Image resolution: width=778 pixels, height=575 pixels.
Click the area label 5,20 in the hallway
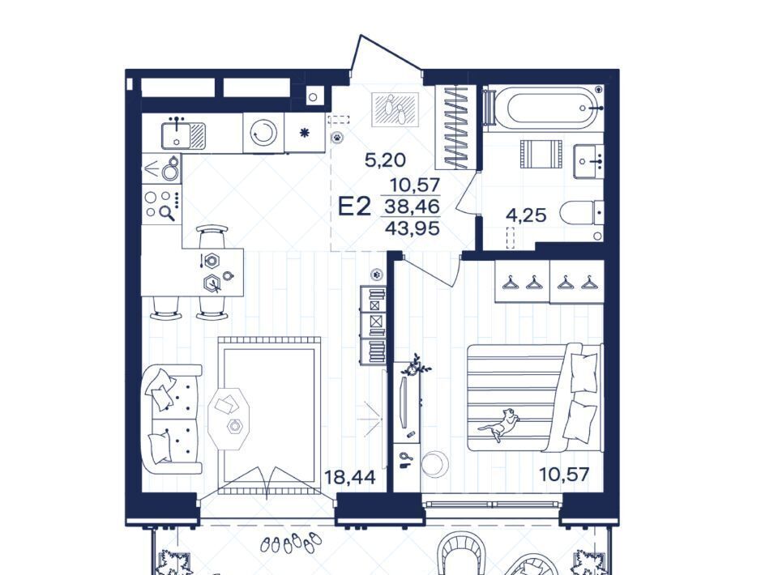point(385,160)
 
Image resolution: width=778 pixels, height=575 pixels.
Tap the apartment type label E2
point(354,207)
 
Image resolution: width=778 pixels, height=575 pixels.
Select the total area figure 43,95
point(413,228)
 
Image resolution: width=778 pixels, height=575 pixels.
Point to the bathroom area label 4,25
point(526,215)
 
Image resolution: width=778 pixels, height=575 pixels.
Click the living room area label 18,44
point(350,477)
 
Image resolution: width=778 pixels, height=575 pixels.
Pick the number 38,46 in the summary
point(413,206)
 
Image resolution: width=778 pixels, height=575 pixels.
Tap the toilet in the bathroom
point(582,213)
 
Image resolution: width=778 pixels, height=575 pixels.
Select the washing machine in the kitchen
point(263,133)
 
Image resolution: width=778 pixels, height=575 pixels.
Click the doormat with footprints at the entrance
point(395,109)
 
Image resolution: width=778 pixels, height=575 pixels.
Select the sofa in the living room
point(172,420)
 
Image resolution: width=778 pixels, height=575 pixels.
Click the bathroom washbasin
point(588,162)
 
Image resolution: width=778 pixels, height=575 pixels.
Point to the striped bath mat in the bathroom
point(541,154)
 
